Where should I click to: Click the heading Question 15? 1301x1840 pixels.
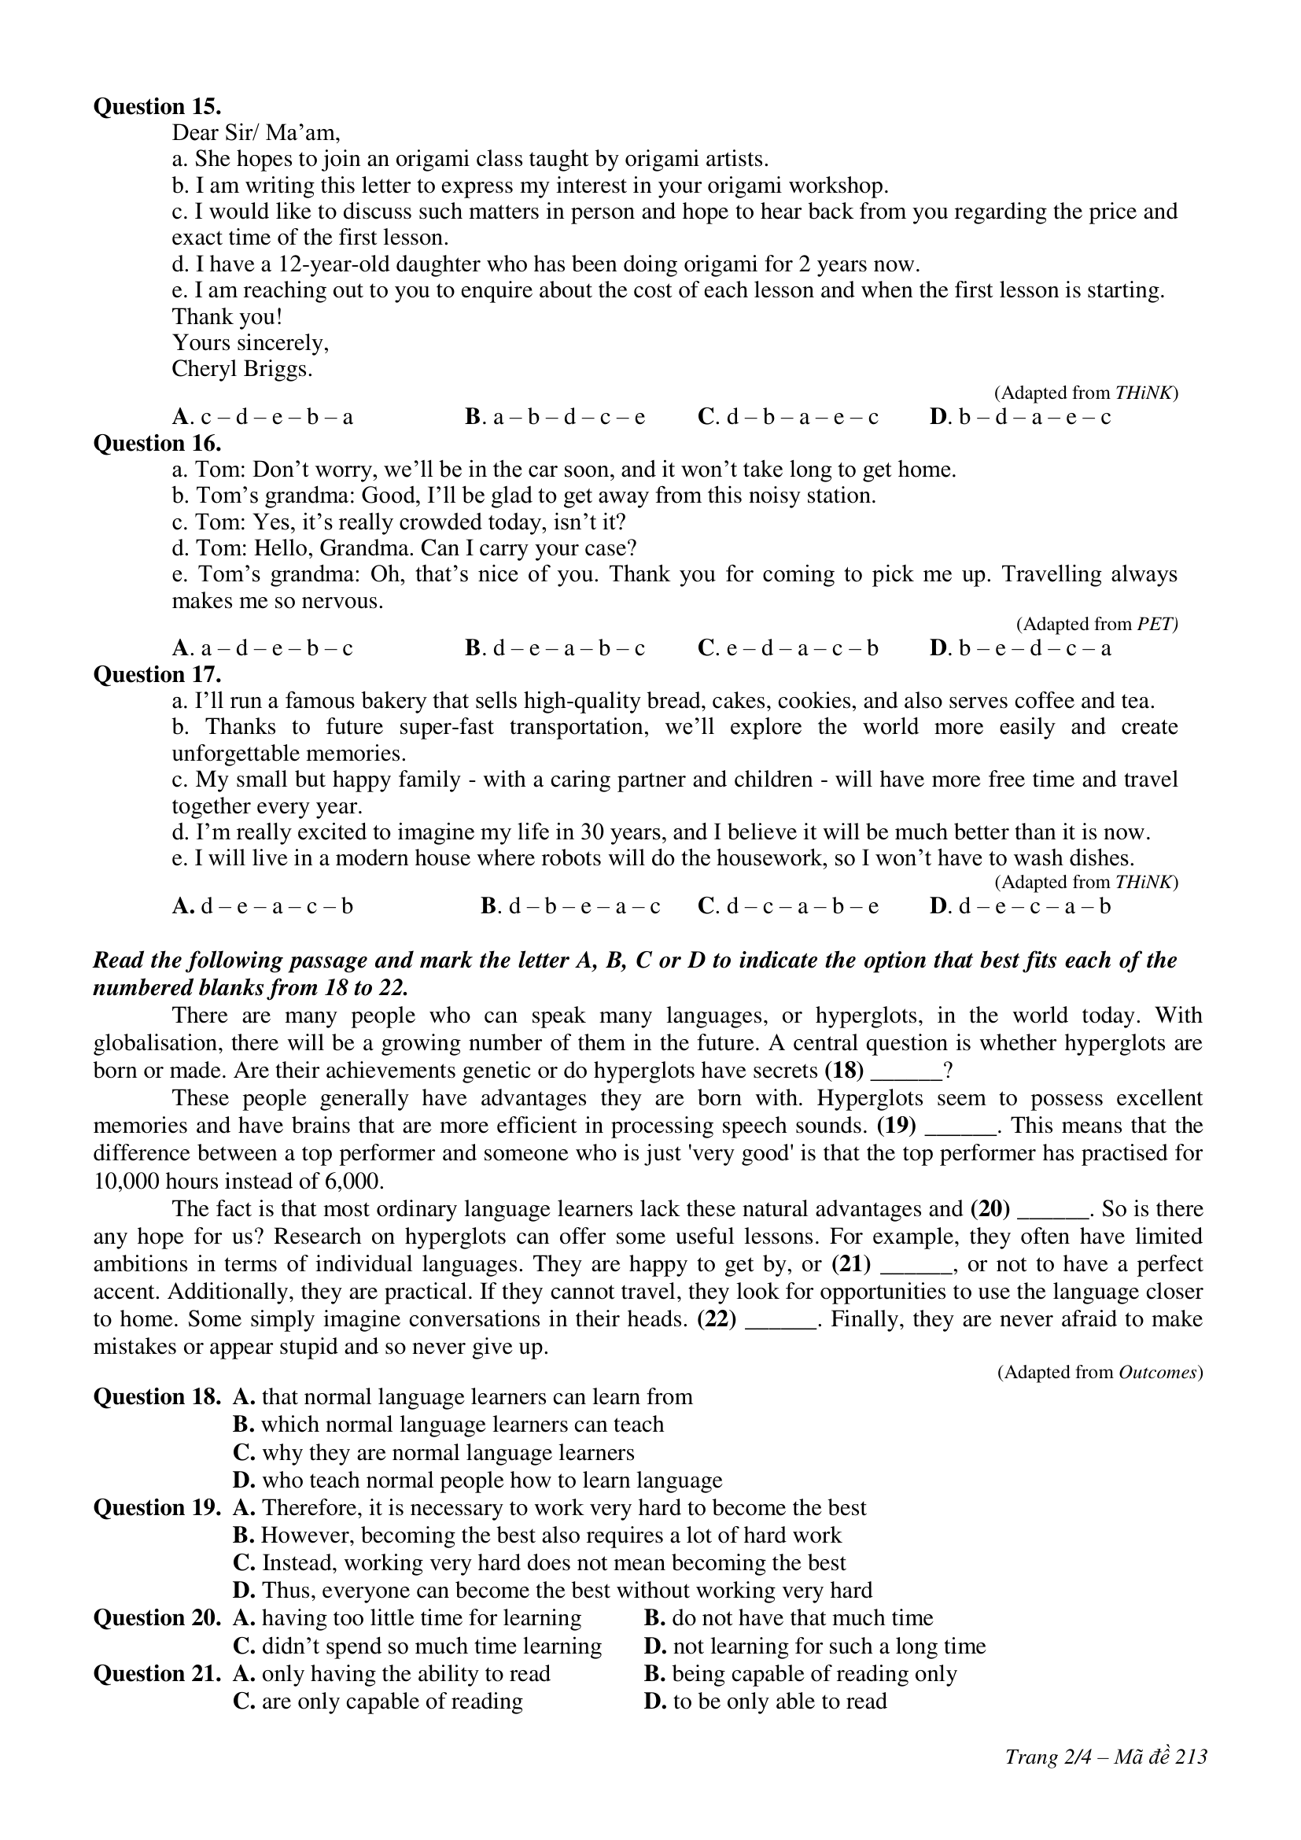[157, 106]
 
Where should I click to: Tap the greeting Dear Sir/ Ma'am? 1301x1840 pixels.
[256, 133]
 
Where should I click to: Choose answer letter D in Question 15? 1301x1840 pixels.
[938, 417]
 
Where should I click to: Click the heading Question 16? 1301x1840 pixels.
[157, 443]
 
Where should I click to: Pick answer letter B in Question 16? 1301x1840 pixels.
[473, 647]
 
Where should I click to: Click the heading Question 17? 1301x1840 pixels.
[157, 675]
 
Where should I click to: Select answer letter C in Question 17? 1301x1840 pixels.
[706, 906]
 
